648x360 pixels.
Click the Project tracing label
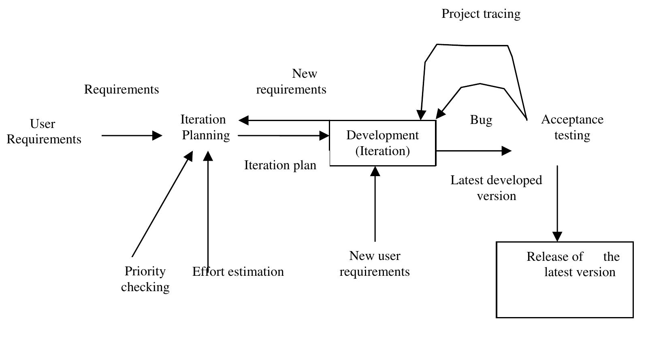(x=481, y=14)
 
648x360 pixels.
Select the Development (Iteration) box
(x=382, y=143)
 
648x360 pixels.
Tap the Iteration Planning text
(x=205, y=127)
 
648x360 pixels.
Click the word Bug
(x=481, y=120)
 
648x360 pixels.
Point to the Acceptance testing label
(x=572, y=127)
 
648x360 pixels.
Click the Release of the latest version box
(x=565, y=279)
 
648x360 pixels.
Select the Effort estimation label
(x=238, y=271)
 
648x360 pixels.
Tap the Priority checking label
(x=145, y=279)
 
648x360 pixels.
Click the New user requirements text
(x=375, y=264)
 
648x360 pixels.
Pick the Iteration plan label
(x=280, y=165)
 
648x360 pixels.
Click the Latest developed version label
(x=496, y=188)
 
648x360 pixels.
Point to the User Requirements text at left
(x=44, y=132)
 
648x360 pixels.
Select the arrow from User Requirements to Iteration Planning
(x=132, y=136)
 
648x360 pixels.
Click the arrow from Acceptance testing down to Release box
(x=557, y=202)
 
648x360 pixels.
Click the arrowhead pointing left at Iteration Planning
(x=244, y=120)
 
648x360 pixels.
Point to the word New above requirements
(x=305, y=74)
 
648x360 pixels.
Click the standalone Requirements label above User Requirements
(x=122, y=89)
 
